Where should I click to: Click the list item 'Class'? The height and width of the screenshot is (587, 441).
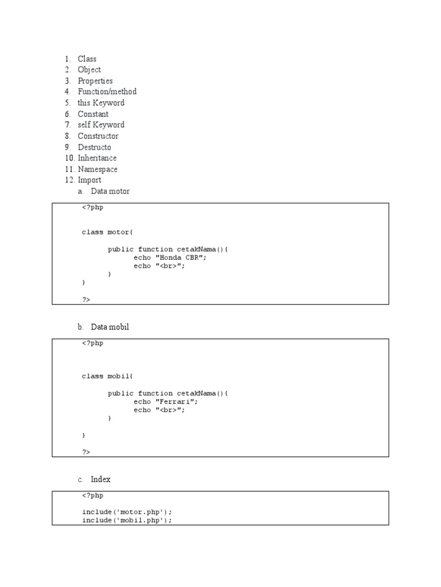[x=87, y=59]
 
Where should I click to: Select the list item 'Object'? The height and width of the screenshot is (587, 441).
[x=89, y=70]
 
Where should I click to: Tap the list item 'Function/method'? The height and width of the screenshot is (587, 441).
[x=107, y=92]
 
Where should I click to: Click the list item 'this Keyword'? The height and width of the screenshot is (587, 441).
[x=101, y=103]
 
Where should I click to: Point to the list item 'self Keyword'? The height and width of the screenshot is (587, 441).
[x=101, y=124]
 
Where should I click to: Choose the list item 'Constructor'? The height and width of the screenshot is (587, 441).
[x=98, y=136]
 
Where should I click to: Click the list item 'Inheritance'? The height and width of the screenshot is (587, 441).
[x=97, y=158]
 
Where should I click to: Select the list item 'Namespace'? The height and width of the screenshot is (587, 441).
[x=98, y=169]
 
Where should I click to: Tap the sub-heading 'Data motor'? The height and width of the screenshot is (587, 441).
[x=110, y=191]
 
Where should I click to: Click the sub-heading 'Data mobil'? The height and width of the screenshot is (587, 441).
[x=110, y=327]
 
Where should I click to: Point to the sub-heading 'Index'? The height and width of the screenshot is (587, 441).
[x=100, y=479]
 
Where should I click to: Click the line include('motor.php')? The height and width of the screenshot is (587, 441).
[x=127, y=512]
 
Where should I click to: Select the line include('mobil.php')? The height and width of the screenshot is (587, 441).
[x=127, y=520]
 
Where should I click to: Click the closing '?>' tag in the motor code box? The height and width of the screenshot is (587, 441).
[x=86, y=299]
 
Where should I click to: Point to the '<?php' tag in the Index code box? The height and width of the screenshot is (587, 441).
[x=92, y=495]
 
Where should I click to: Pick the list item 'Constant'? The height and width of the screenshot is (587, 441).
[x=93, y=114]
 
